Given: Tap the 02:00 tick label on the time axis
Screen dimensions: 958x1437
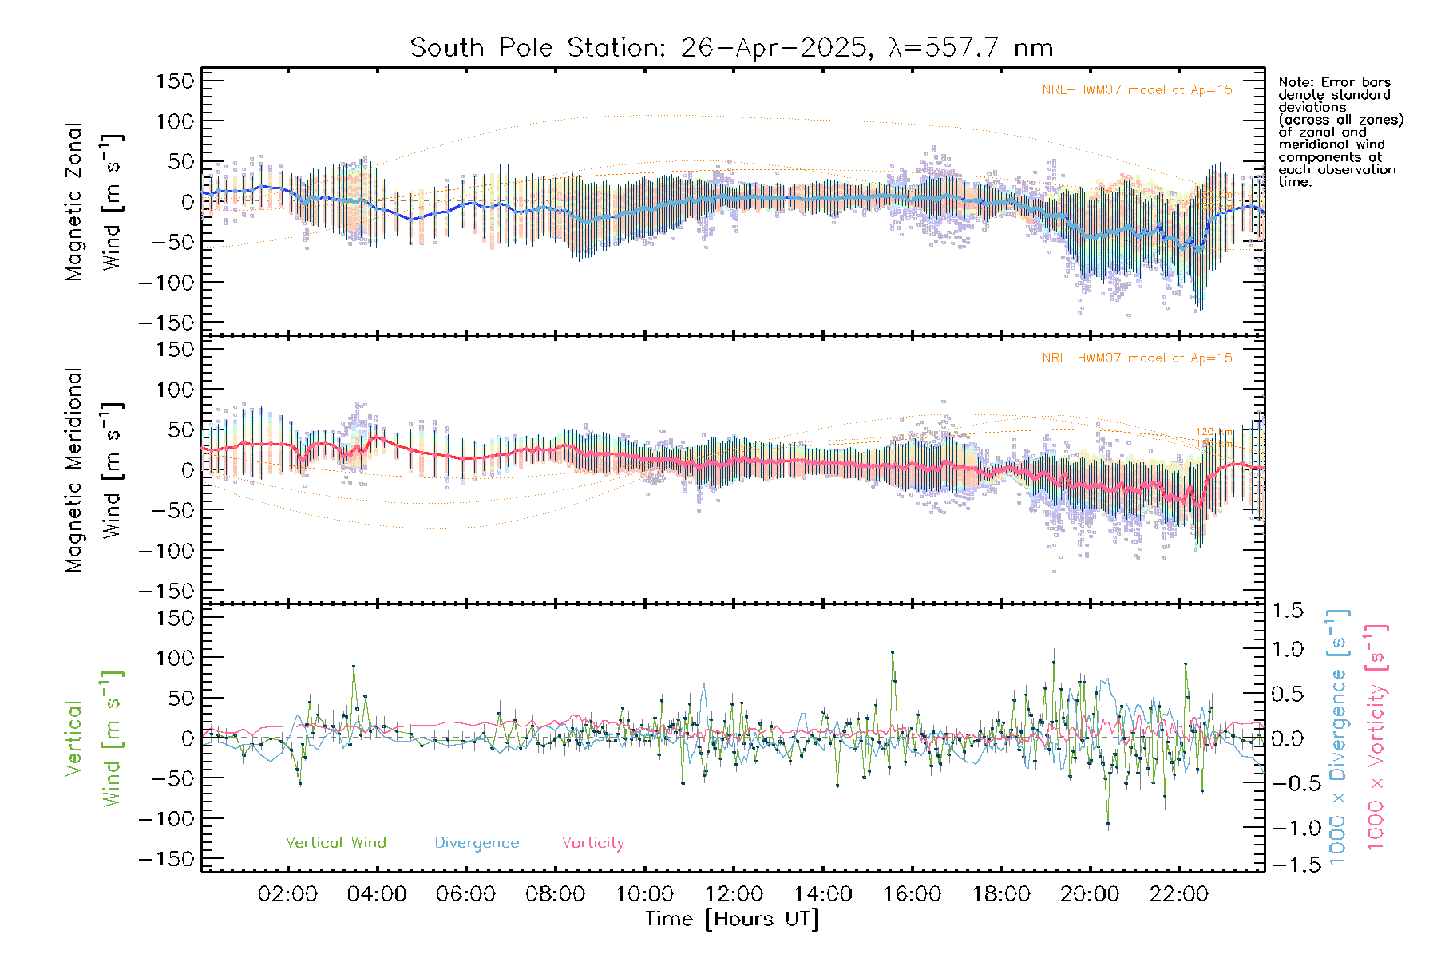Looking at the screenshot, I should [287, 894].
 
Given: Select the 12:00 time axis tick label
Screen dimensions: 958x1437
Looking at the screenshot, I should [734, 894].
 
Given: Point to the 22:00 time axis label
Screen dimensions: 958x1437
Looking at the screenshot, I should [1178, 894].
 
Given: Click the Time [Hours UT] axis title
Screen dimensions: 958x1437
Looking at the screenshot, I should [732, 919].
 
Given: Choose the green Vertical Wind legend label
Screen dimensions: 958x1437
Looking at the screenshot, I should [335, 843].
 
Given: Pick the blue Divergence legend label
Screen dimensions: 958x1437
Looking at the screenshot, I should [477, 843].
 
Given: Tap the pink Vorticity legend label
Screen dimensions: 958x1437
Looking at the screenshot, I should [592, 843].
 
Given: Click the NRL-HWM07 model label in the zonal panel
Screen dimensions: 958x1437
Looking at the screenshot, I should [1137, 90].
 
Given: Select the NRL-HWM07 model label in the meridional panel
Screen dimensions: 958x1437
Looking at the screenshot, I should [1137, 358].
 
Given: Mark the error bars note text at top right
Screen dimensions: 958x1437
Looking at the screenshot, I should [1340, 132].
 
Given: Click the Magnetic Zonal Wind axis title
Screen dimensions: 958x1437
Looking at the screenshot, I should [93, 202].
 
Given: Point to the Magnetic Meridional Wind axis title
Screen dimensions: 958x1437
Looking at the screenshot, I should [93, 470].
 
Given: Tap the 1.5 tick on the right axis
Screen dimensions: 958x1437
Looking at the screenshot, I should [1288, 611].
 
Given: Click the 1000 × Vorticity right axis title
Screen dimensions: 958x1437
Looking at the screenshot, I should [1376, 738].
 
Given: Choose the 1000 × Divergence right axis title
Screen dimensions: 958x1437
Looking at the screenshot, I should [1338, 738].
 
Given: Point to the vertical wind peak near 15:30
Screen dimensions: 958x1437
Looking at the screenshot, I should [893, 651].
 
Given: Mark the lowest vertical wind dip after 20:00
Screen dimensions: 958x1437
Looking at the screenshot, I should [1108, 824].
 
